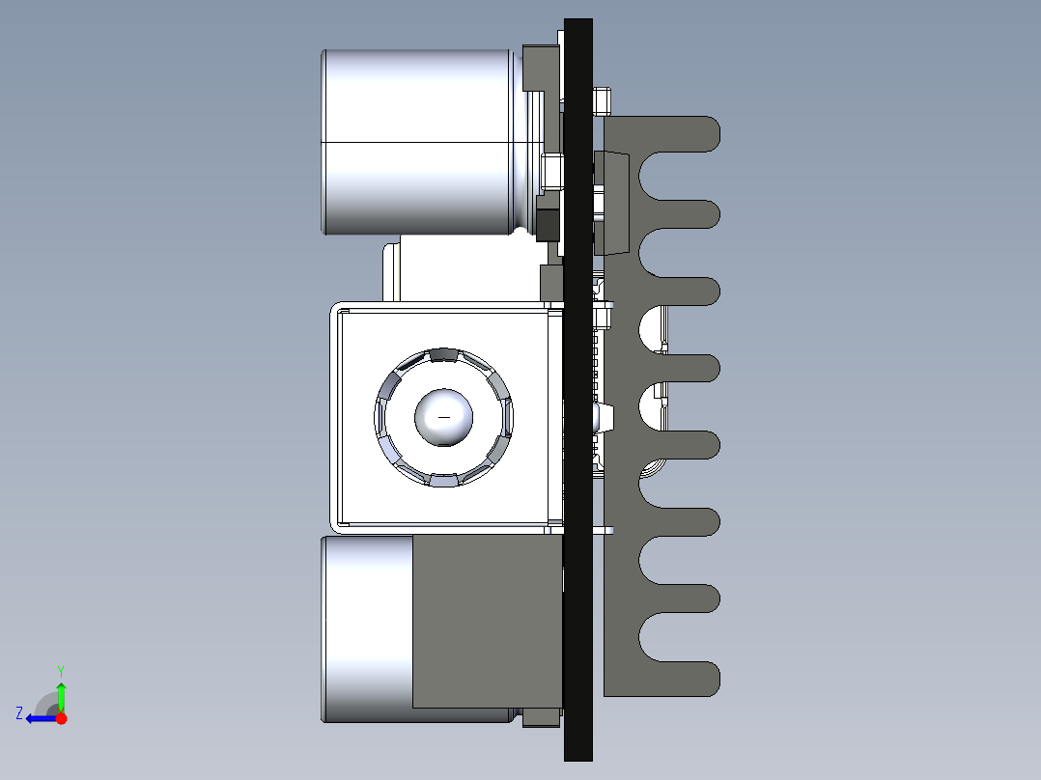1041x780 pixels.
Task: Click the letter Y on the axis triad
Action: [61, 671]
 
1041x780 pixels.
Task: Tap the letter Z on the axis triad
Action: [19, 713]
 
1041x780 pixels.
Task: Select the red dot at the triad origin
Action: [61, 718]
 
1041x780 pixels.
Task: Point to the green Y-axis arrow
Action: [61, 697]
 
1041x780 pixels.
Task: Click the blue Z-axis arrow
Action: [42, 718]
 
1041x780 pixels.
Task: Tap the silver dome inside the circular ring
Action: [443, 417]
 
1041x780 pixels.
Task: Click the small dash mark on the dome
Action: [444, 418]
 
